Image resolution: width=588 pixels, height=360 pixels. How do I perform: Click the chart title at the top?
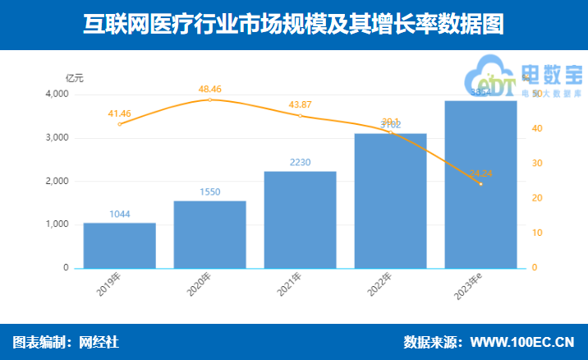pos(293,25)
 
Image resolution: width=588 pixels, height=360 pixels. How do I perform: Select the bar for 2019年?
pos(120,245)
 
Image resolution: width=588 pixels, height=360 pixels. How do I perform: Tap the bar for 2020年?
pos(209,234)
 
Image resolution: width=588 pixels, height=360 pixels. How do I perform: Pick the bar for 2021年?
pos(300,219)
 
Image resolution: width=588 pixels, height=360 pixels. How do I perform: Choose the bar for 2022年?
pos(390,201)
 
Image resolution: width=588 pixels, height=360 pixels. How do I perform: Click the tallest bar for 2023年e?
pos(480,184)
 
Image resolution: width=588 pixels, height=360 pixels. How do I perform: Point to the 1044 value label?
pos(120,215)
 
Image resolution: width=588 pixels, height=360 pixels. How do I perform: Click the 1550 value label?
pos(209,192)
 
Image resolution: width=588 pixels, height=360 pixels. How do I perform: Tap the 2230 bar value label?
pos(300,163)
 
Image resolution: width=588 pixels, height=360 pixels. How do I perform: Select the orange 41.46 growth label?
pos(120,112)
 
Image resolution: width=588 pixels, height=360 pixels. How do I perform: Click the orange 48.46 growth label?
pos(209,87)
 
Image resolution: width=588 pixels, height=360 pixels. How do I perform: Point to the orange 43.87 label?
pos(300,104)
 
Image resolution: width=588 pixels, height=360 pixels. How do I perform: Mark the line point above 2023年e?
pos(480,184)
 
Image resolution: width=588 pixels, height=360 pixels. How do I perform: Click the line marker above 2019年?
pos(120,124)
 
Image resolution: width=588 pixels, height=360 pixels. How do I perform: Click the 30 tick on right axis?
pos(535,164)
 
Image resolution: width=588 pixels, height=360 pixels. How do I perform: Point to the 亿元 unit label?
pos(75,78)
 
